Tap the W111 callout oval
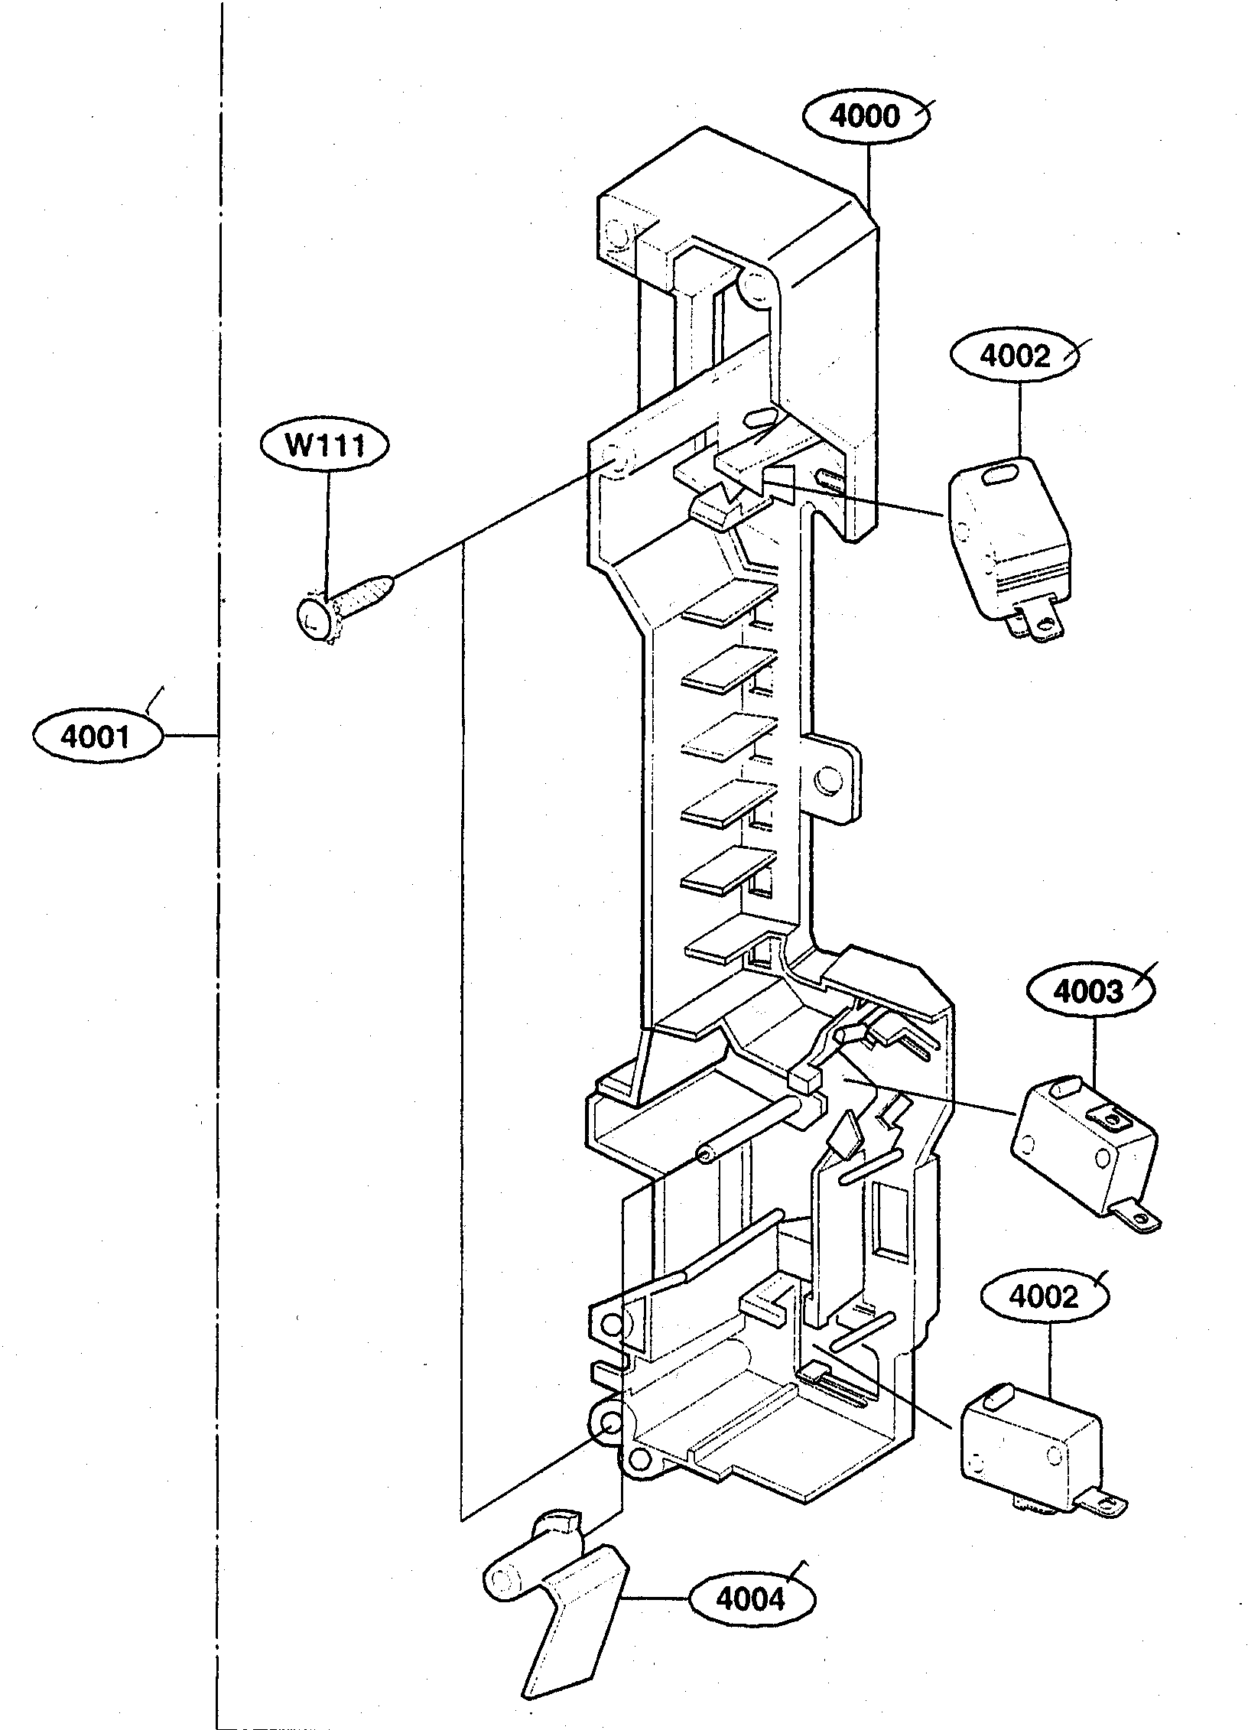(x=325, y=445)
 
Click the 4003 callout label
(x=1089, y=992)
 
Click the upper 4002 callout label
(x=1014, y=356)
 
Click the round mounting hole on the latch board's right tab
(x=827, y=780)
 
